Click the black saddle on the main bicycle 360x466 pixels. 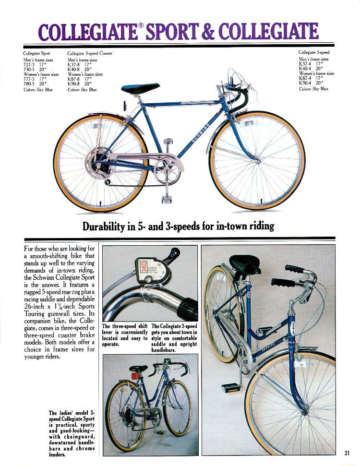141,88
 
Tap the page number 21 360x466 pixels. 348,452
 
